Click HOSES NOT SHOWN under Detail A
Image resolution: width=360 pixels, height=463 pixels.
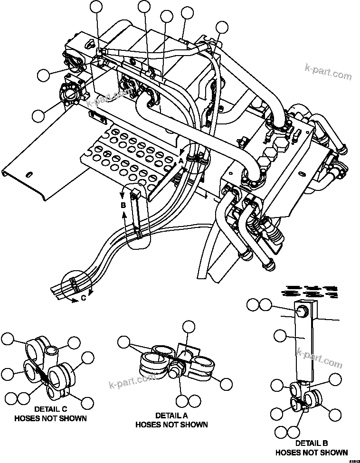(x=171, y=425)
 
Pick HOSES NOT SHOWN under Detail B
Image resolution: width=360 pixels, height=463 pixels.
(x=312, y=452)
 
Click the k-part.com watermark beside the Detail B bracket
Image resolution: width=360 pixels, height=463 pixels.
(x=319, y=358)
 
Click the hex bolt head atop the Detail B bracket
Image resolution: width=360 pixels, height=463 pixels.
(x=301, y=312)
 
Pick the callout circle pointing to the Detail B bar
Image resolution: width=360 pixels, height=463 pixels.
(x=280, y=336)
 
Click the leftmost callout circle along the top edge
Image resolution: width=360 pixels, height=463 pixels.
(x=97, y=6)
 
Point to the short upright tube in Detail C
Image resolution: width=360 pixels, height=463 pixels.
(x=52, y=354)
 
